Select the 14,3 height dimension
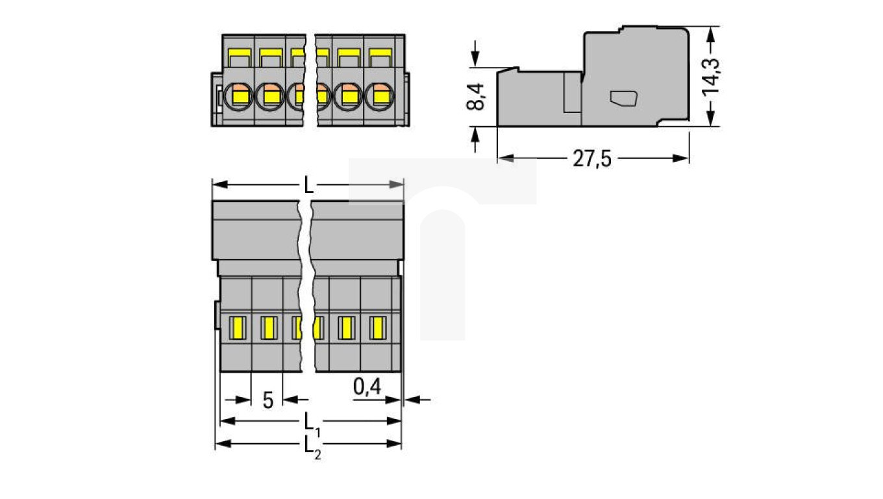tap(712, 75)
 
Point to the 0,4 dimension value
tap(367, 387)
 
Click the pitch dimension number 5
tap(267, 400)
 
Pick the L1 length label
tap(312, 423)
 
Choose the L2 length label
tap(312, 446)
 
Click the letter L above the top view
tap(309, 186)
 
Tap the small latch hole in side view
tap(624, 98)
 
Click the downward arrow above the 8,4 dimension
tap(476, 58)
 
